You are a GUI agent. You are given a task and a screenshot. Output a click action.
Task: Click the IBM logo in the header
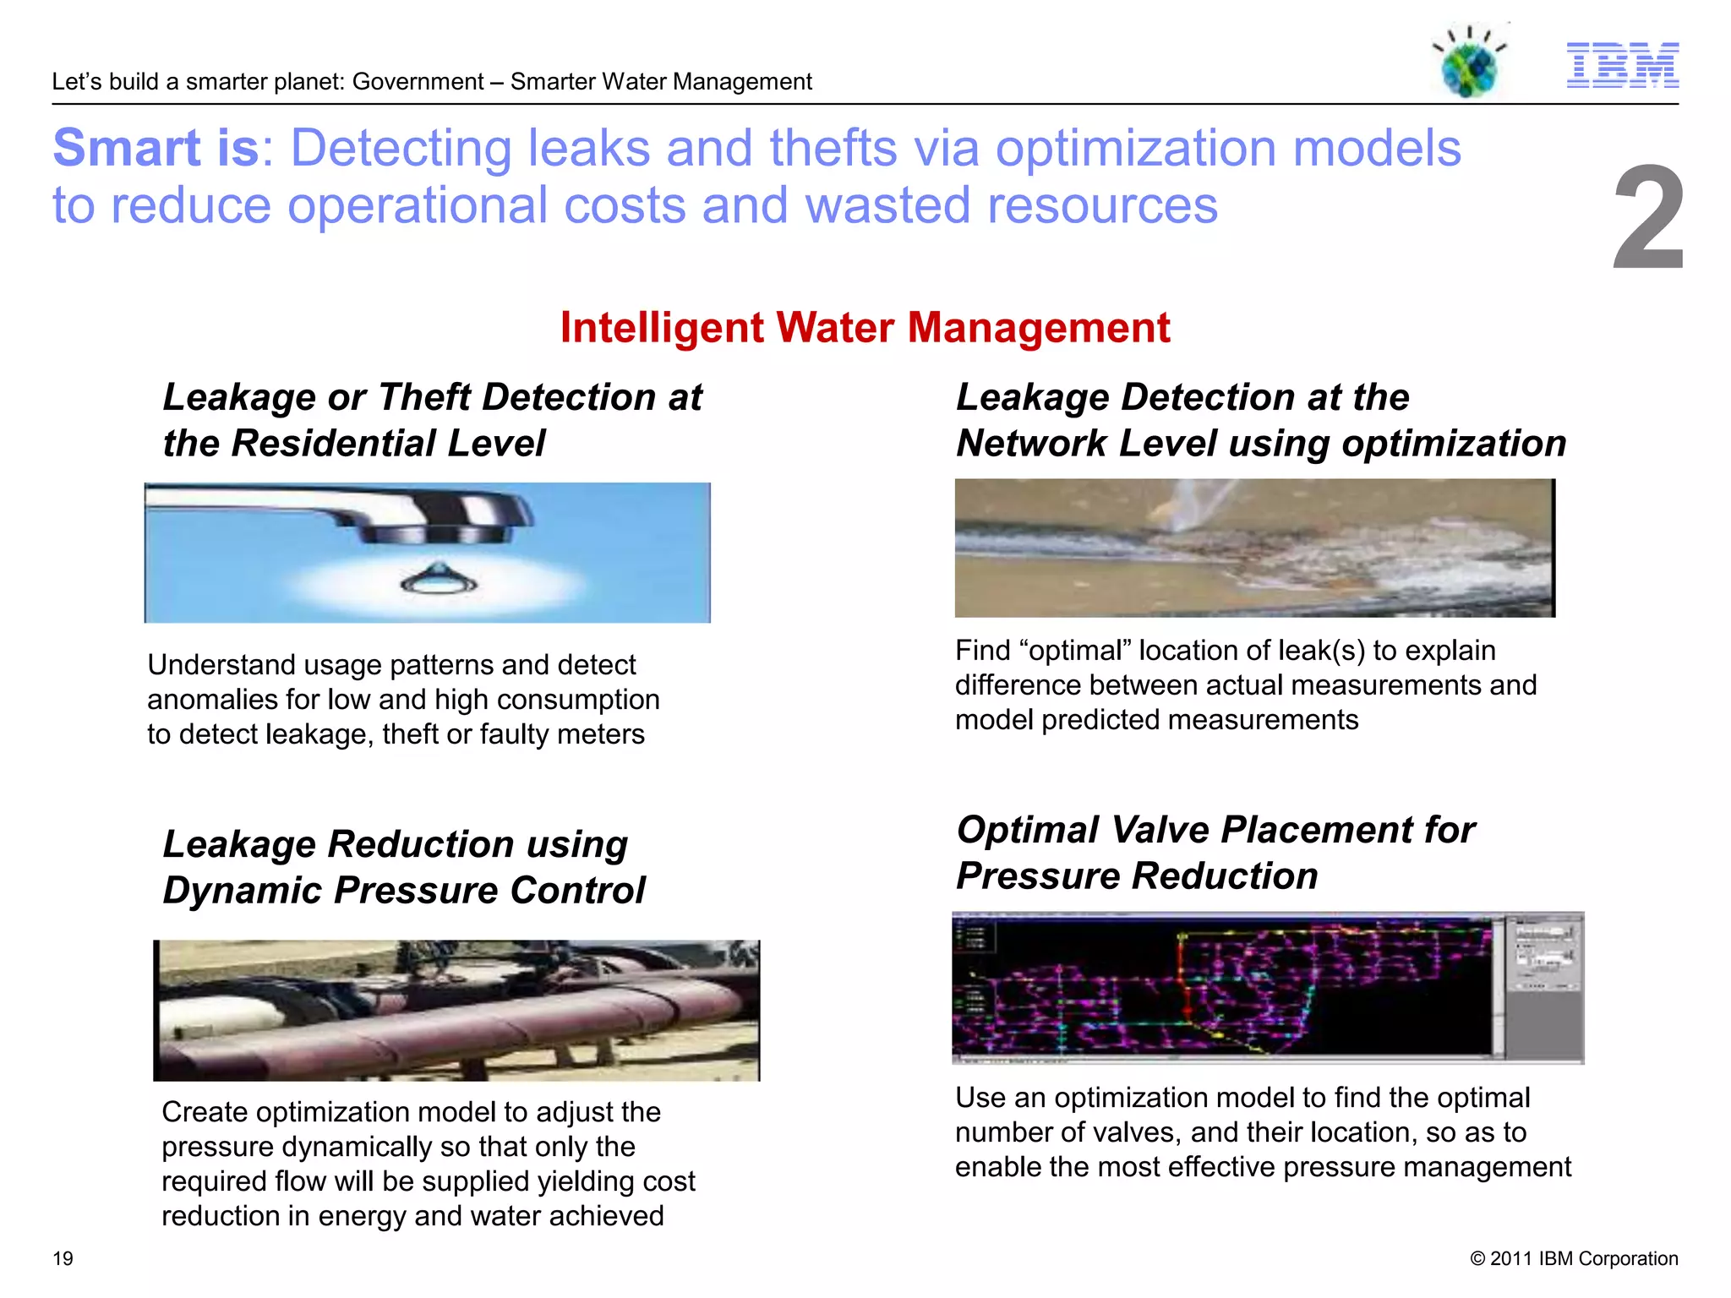(x=1622, y=65)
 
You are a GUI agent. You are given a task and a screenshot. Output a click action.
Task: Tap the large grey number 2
(x=1647, y=220)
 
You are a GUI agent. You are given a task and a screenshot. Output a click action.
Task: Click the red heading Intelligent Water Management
(x=865, y=328)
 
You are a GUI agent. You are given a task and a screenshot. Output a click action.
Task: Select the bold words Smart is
(x=156, y=149)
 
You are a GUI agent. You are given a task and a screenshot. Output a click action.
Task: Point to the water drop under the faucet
(x=439, y=578)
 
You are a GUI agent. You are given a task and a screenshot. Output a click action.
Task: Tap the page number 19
(x=63, y=1258)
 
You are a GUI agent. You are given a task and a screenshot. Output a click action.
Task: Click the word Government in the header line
(x=418, y=82)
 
